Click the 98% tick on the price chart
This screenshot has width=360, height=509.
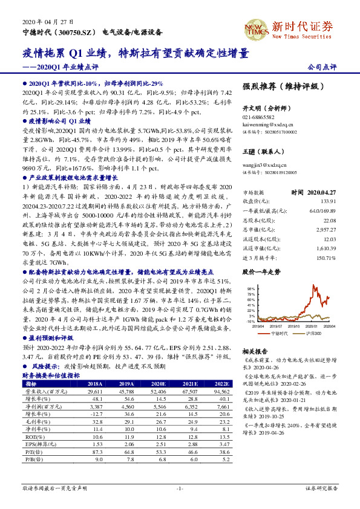pyautogui.click(x=250, y=289)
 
